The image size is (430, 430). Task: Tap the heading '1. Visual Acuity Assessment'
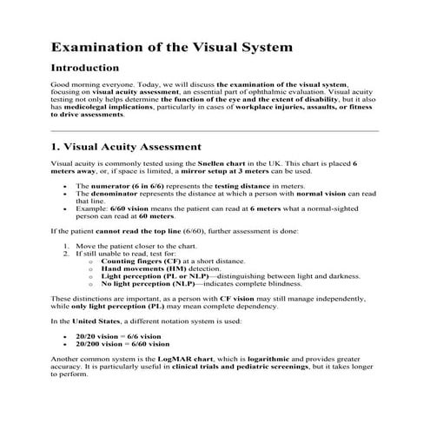click(x=127, y=147)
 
